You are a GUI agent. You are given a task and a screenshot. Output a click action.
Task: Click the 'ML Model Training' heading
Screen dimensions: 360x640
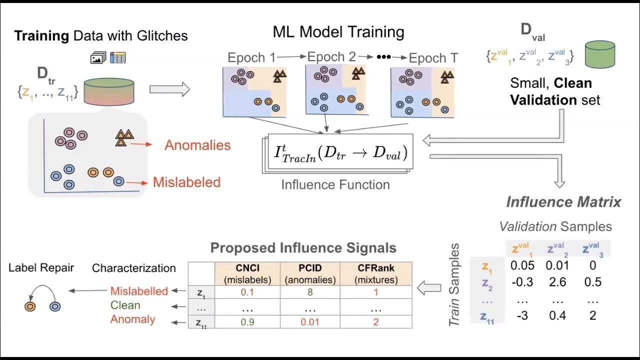point(338,32)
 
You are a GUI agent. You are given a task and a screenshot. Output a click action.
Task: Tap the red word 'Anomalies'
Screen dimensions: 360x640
point(197,145)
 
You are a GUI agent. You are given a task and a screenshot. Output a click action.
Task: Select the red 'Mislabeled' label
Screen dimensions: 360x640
point(186,182)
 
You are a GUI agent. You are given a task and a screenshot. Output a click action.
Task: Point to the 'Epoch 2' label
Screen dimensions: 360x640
point(331,57)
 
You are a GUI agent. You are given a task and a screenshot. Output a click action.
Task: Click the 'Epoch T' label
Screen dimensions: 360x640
point(433,58)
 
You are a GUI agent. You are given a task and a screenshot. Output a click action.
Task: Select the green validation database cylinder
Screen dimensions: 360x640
point(599,54)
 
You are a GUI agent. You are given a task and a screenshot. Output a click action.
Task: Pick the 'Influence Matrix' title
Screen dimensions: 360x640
point(563,202)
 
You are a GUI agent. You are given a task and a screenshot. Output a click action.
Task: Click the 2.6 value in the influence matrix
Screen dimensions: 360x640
point(557,282)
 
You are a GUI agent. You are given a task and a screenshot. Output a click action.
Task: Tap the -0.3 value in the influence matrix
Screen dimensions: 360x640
point(521,282)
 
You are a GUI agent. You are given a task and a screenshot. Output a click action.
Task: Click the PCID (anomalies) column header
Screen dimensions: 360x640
point(309,273)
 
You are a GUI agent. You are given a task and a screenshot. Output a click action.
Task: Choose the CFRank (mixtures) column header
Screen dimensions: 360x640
point(375,273)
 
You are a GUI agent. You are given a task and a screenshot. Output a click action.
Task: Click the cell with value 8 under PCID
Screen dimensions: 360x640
point(309,291)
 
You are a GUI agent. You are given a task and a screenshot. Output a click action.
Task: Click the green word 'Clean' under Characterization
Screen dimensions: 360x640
point(125,305)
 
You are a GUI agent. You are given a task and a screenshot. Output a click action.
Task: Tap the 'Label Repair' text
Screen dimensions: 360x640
point(41,267)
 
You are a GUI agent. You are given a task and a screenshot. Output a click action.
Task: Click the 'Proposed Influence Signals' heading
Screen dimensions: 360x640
point(303,248)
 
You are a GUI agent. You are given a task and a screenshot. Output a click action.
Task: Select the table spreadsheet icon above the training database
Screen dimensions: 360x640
point(118,58)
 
